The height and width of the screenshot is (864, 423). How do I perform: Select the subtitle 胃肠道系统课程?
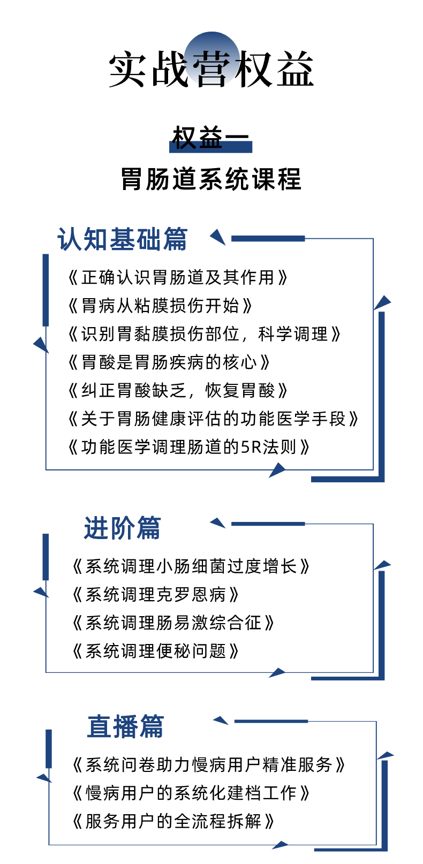click(211, 179)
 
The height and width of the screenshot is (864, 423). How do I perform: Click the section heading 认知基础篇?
click(123, 239)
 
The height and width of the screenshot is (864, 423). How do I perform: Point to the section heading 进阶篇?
click(122, 528)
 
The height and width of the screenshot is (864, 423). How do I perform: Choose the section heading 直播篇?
click(125, 727)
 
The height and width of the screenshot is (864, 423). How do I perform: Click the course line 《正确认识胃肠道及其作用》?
click(178, 277)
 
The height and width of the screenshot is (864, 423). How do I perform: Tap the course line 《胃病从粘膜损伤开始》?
click(160, 306)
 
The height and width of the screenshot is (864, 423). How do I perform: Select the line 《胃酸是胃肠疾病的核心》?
click(169, 362)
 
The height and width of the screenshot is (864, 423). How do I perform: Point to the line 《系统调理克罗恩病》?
click(155, 594)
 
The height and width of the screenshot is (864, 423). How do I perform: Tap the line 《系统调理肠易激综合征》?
click(173, 623)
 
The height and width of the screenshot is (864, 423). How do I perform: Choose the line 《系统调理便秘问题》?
click(155, 651)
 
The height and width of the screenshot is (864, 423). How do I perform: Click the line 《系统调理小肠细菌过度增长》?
click(191, 566)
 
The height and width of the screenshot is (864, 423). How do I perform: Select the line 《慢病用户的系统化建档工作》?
click(191, 793)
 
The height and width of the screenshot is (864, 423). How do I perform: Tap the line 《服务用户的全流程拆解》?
click(173, 821)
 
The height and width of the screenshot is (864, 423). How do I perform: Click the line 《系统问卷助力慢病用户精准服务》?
click(208, 764)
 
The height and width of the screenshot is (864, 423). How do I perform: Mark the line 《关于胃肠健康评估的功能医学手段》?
click(213, 419)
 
